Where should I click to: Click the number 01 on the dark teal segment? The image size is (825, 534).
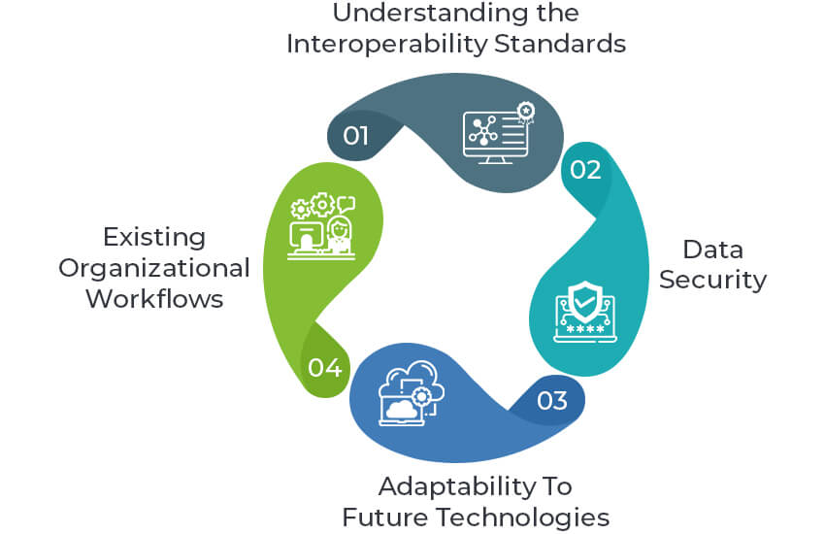coord(356,135)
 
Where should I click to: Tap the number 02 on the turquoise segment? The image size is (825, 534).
coord(585,170)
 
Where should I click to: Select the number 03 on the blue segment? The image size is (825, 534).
coord(551,400)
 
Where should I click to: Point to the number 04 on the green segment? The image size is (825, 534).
coord(323,367)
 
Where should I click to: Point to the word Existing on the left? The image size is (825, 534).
coord(154,237)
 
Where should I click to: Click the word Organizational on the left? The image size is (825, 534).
coord(154,267)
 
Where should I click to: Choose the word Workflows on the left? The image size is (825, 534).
coord(154,298)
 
